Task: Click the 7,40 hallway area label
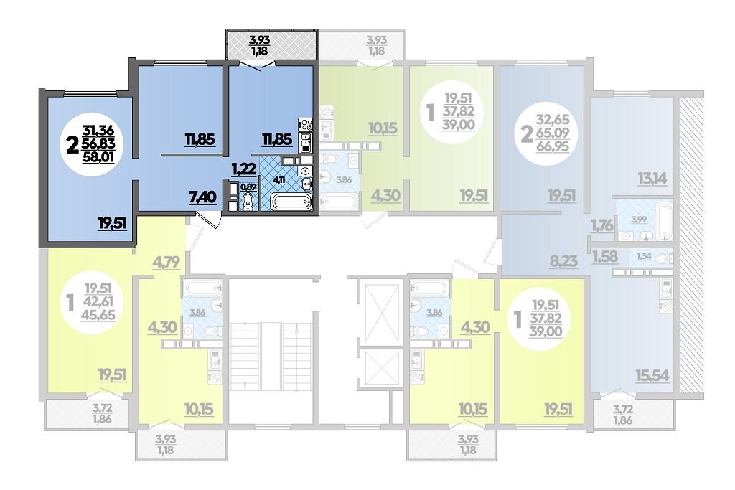[202, 197]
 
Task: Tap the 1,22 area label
[243, 168]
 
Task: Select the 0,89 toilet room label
[248, 187]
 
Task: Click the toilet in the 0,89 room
[248, 202]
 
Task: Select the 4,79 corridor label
[167, 262]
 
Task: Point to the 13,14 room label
[652, 179]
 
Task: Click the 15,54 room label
[652, 376]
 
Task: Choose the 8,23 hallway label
[563, 260]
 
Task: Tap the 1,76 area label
[602, 226]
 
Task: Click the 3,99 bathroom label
[639, 220]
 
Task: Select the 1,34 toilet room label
[644, 256]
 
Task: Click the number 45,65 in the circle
[98, 315]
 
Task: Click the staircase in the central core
[271, 356]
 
